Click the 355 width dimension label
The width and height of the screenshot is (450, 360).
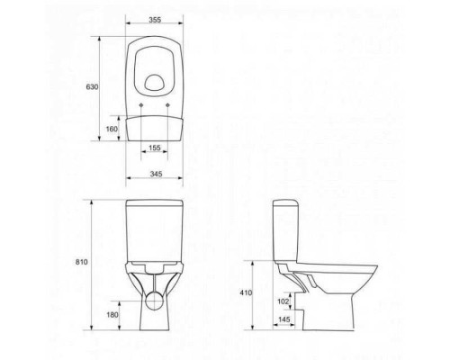(x=155, y=20)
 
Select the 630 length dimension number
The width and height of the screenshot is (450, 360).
(x=92, y=87)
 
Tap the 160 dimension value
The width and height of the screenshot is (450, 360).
(x=112, y=129)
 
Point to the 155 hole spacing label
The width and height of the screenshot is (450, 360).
(x=155, y=148)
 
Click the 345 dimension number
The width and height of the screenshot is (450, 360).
(x=156, y=174)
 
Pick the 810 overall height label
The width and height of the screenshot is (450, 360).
(x=82, y=262)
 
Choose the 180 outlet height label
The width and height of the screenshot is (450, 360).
(x=112, y=315)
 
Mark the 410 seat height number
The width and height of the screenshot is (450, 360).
(x=247, y=292)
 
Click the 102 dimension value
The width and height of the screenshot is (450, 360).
(x=283, y=301)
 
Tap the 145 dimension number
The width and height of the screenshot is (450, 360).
(x=284, y=319)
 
